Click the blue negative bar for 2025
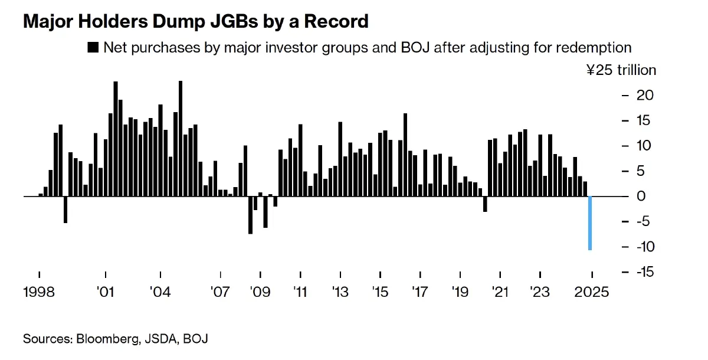click(589, 223)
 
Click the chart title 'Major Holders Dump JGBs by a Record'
click(195, 22)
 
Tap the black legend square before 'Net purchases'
click(92, 48)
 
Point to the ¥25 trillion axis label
click(621, 70)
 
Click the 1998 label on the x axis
click(39, 292)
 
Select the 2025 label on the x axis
click(591, 292)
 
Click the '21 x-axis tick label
click(500, 292)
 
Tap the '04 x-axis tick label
click(160, 292)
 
